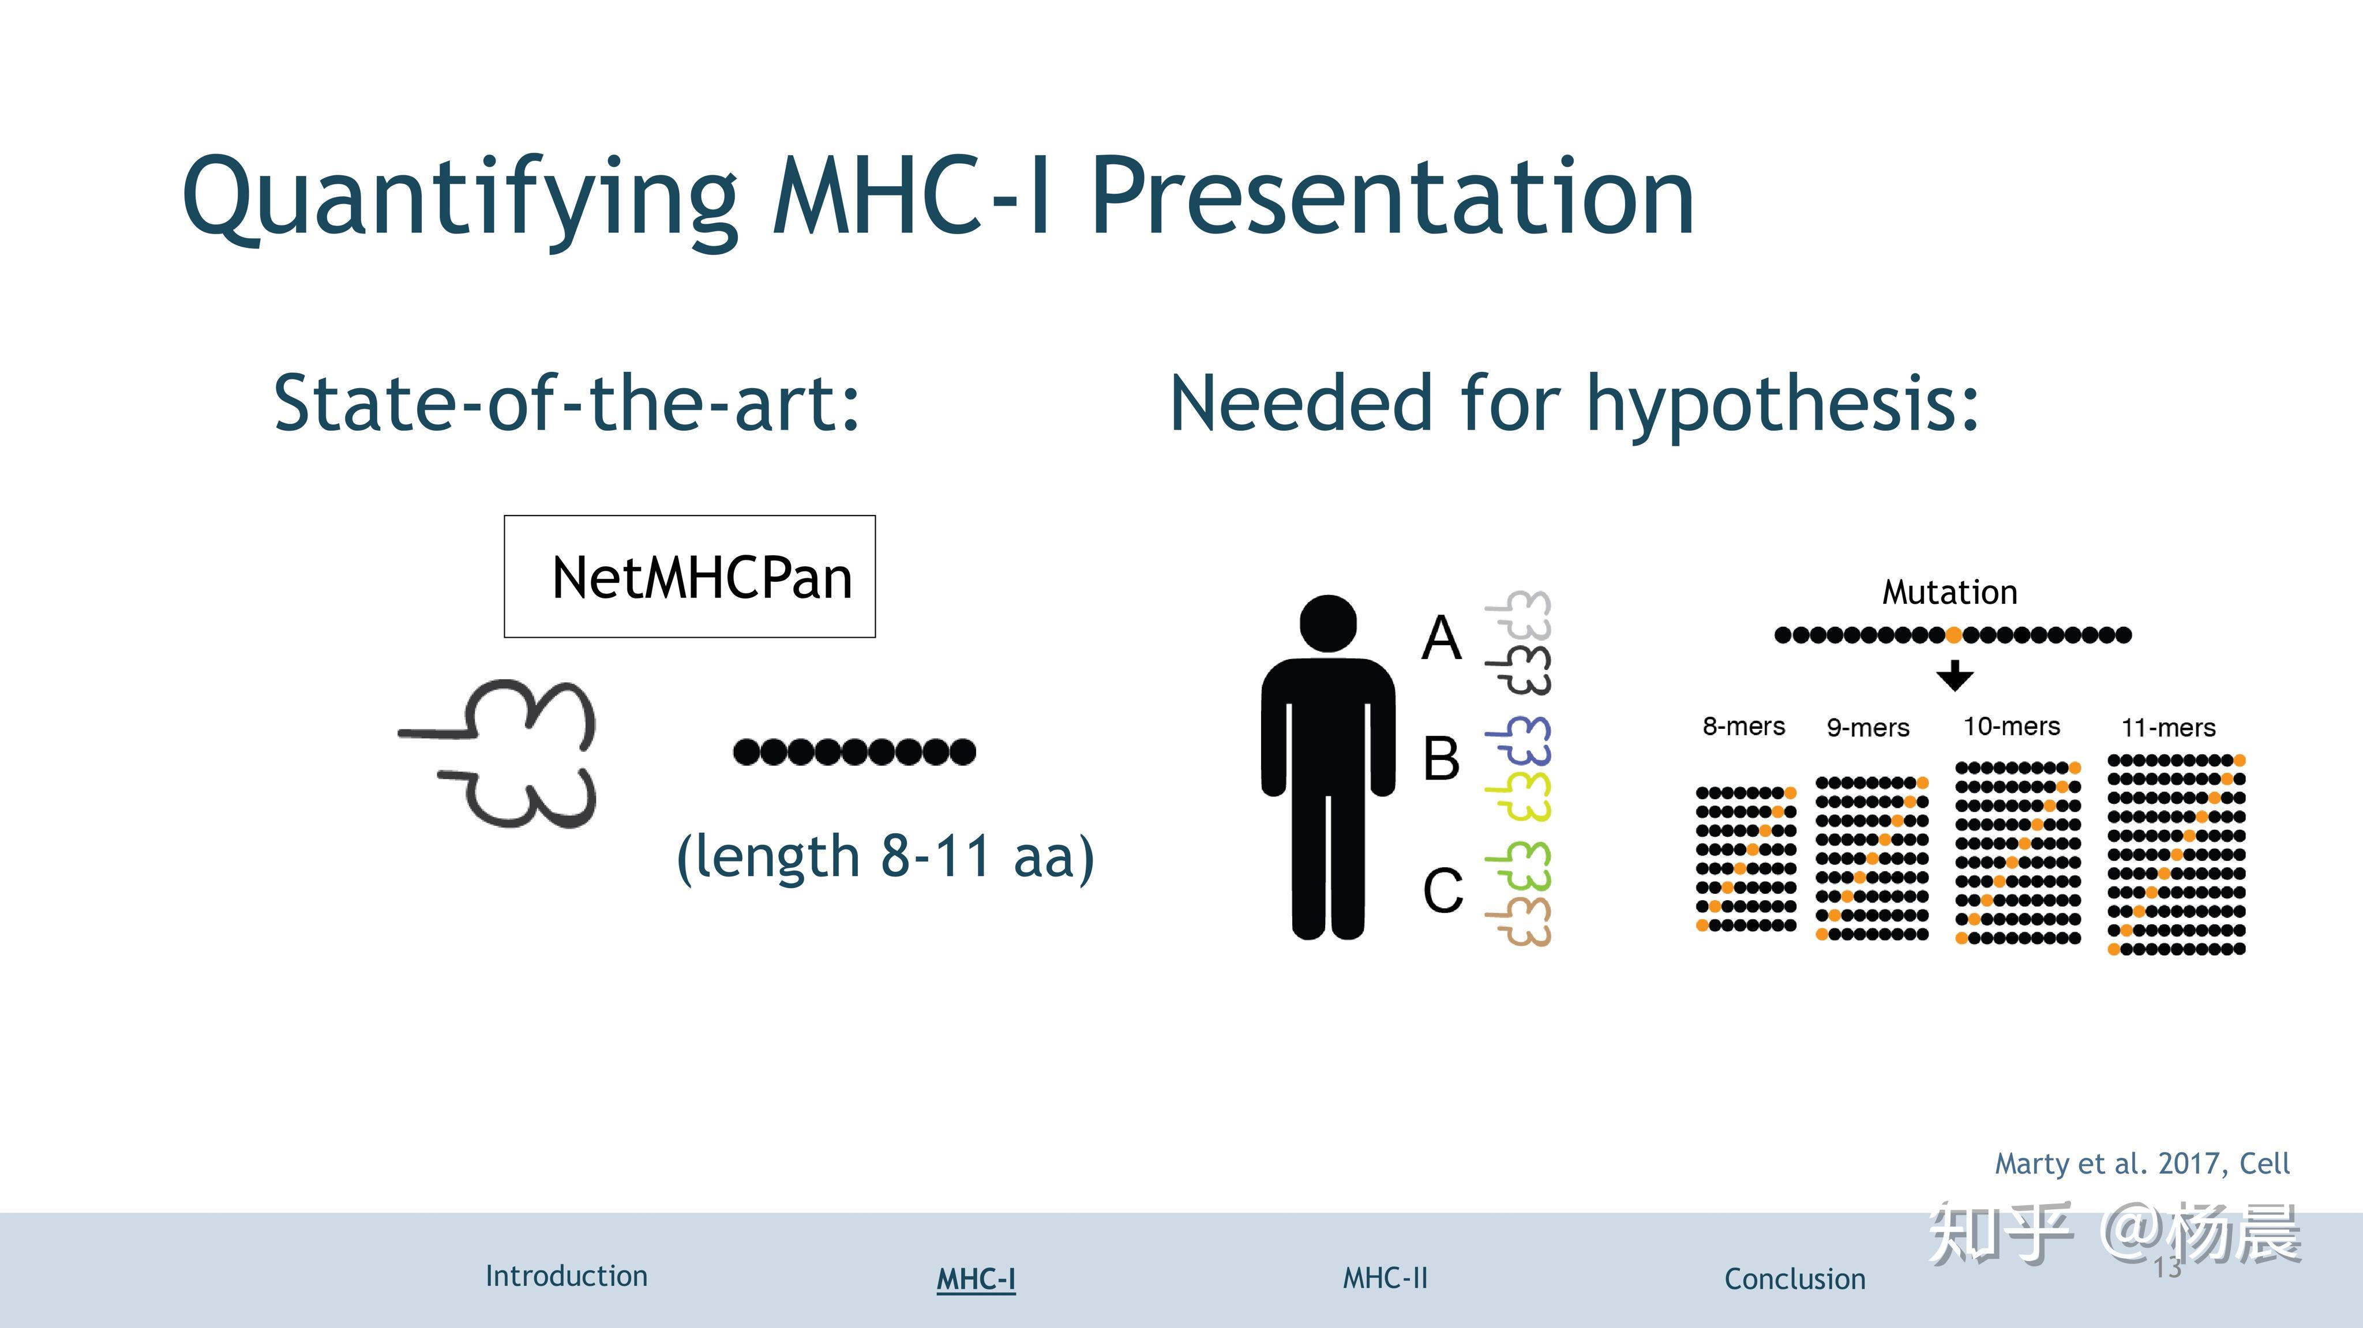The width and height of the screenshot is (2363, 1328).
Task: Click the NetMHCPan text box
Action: point(690,577)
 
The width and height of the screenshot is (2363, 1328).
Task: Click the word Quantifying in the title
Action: point(459,197)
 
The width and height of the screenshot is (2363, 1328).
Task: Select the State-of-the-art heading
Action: point(567,404)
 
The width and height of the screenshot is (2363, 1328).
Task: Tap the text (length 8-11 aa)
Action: point(885,856)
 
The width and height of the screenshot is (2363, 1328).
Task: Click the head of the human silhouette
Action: point(1327,625)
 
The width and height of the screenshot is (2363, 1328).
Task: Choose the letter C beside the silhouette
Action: point(1442,890)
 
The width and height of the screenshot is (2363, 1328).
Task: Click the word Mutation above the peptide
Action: point(1949,592)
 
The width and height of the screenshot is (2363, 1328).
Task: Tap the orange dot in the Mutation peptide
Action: point(1954,635)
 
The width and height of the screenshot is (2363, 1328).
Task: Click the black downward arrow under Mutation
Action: point(1955,676)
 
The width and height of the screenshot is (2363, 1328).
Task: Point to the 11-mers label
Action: point(2167,728)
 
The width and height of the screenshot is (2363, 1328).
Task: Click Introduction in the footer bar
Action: point(566,1276)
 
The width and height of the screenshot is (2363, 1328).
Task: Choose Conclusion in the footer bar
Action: point(1794,1278)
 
